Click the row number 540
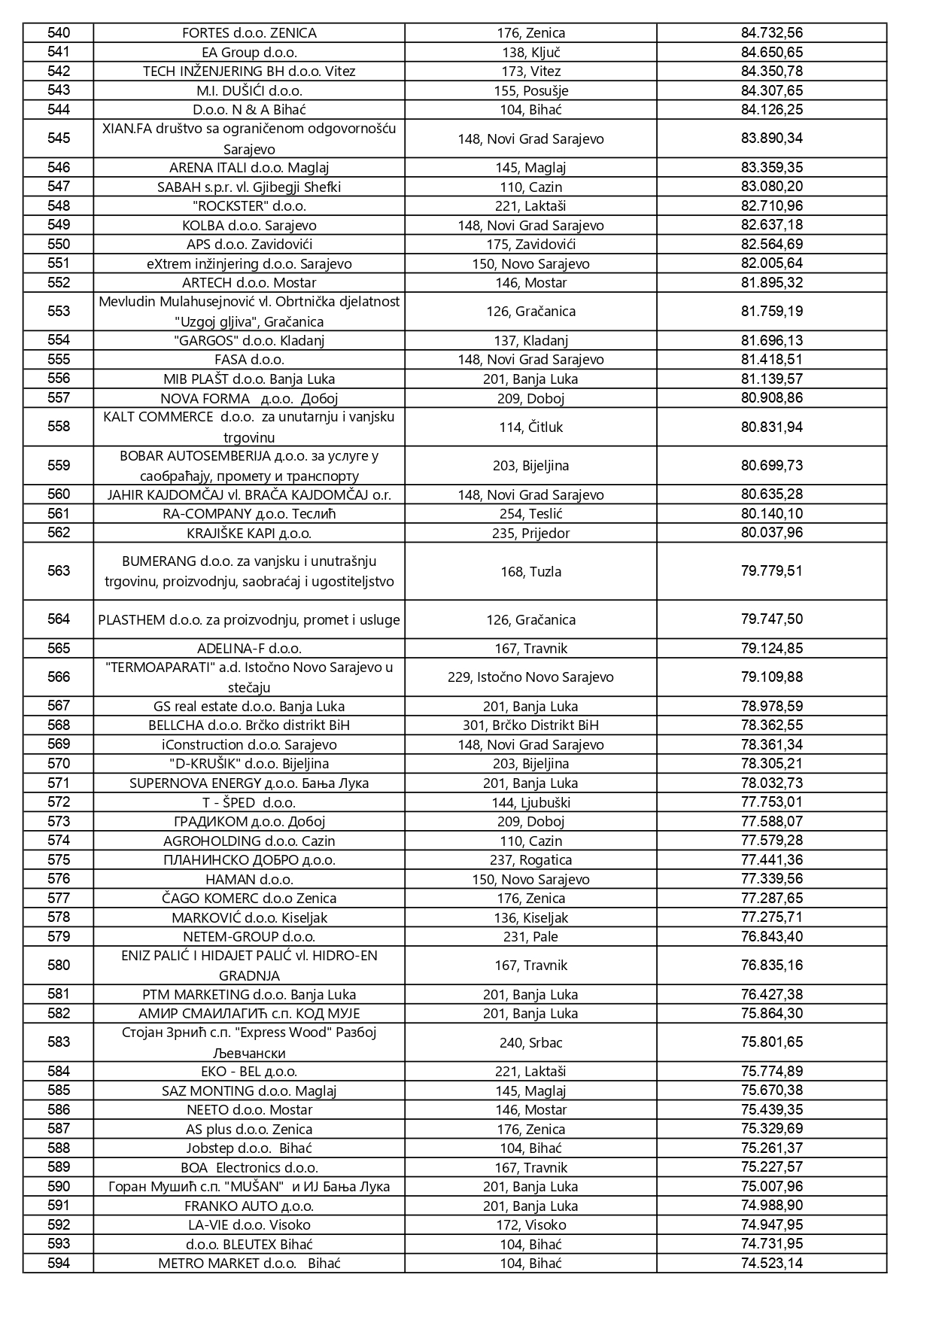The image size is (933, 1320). click(59, 32)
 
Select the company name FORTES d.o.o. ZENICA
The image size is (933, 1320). click(249, 33)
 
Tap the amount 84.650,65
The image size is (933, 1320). click(771, 52)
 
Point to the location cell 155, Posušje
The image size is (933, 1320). click(530, 91)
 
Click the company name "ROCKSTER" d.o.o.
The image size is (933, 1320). click(249, 206)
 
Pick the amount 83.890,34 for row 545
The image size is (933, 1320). click(771, 138)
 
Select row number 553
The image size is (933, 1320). click(59, 311)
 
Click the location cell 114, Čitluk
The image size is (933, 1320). click(530, 427)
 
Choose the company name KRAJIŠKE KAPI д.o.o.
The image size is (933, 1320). click(249, 534)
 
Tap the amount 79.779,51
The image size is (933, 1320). click(771, 571)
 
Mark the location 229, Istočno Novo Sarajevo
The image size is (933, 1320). click(530, 677)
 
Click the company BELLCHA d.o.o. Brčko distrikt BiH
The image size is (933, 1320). click(249, 725)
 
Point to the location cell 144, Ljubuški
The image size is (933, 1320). click(530, 802)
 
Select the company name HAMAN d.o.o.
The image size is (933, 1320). click(249, 880)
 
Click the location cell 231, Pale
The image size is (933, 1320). click(530, 937)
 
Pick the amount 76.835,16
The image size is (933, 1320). click(771, 966)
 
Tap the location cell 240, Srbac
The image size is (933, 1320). click(530, 1043)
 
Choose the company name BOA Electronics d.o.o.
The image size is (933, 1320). click(249, 1168)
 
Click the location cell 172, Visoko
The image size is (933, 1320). click(530, 1225)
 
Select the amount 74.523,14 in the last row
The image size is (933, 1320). click(771, 1264)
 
